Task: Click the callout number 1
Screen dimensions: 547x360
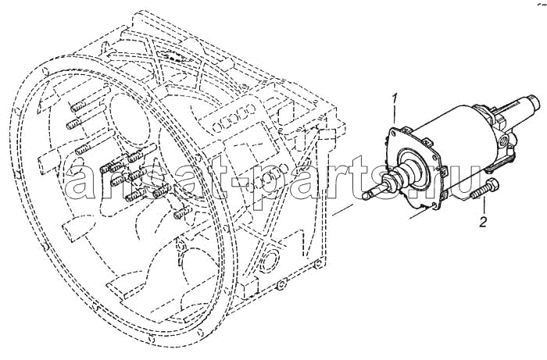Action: tap(395, 99)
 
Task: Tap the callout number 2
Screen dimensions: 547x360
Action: tap(483, 222)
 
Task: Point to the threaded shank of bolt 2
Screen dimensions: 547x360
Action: tap(477, 194)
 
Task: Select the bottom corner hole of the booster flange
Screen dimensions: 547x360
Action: tap(433, 205)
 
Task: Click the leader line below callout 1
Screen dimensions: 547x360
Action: tap(395, 114)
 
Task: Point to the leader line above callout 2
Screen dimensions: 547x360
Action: tap(483, 206)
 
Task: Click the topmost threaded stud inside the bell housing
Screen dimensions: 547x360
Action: tap(81, 106)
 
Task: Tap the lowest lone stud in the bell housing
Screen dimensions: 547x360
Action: tap(181, 212)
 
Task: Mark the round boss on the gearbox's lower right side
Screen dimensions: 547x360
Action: tap(269, 258)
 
